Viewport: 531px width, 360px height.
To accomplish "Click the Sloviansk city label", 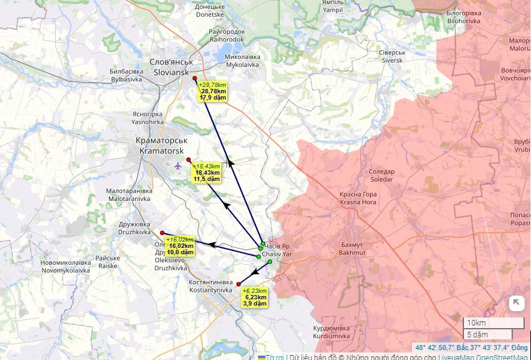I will [170, 67].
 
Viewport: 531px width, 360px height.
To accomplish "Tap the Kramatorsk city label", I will [161, 146].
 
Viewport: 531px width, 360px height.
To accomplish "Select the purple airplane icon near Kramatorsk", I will [178, 166].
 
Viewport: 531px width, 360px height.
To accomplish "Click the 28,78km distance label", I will [213, 91].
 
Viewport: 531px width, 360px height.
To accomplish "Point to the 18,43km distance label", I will [207, 172].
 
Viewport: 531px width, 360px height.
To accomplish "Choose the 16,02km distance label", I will [182, 245].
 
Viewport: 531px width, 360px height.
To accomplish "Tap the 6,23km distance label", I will [255, 297].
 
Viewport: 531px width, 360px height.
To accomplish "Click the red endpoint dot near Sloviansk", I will [195, 78].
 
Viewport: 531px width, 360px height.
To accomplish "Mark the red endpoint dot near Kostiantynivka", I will [239, 284].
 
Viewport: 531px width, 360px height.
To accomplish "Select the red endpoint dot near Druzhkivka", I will [162, 233].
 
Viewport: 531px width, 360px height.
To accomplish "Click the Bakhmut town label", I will [351, 249].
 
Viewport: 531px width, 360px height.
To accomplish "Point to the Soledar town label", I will [381, 175].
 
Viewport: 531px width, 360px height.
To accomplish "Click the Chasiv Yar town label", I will [277, 250].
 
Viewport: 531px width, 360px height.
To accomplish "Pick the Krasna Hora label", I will [358, 198].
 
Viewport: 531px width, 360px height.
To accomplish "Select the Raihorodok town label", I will [226, 35].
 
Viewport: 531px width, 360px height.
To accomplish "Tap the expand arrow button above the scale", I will [516, 303].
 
